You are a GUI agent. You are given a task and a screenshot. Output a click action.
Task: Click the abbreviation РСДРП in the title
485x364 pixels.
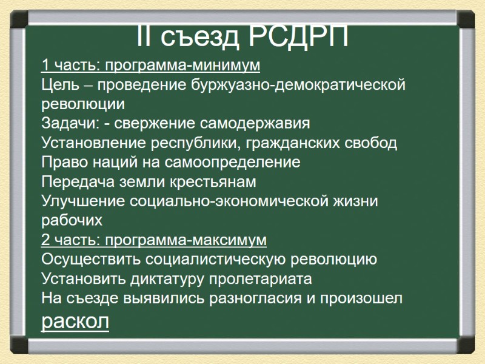tap(300, 37)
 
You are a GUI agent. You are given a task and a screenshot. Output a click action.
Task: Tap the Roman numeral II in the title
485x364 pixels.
tap(146, 37)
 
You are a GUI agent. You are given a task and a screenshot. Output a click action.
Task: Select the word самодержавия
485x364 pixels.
tap(259, 123)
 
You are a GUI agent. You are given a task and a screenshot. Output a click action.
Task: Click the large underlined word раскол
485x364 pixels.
tap(75, 320)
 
